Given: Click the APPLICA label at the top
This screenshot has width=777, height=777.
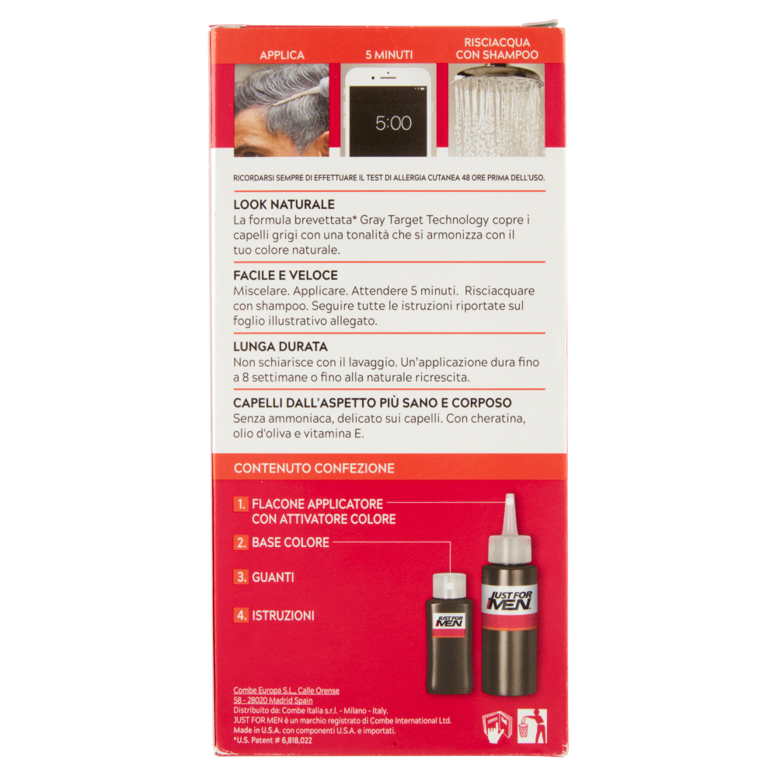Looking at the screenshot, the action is [282, 55].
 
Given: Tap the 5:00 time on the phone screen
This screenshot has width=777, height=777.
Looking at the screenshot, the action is [393, 123].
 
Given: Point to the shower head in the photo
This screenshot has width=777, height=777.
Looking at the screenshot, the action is [497, 75].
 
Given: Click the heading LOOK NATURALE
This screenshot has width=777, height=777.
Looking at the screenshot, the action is [284, 204].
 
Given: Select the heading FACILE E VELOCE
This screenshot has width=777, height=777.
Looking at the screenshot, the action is [285, 276].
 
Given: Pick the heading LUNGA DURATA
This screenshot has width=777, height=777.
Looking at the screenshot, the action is [280, 347].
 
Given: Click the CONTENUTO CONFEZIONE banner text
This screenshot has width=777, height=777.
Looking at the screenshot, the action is [314, 469].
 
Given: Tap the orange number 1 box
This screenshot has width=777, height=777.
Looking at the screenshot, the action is [241, 504].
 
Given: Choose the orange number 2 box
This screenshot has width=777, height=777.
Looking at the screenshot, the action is [241, 542].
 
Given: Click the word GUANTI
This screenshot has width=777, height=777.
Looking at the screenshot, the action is [273, 577].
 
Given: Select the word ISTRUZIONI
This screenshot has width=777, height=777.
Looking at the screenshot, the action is [283, 616].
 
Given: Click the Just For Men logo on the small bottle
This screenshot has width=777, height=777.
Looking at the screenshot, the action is [449, 621].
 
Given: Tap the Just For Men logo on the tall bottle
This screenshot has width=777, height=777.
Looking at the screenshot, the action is [510, 600].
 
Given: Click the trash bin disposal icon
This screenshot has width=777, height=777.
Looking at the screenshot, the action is [531, 726].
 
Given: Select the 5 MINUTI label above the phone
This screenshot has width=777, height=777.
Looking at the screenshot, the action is [389, 55].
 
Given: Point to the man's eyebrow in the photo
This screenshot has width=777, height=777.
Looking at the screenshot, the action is [254, 145].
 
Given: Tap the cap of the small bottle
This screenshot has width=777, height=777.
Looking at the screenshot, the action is [449, 586].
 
